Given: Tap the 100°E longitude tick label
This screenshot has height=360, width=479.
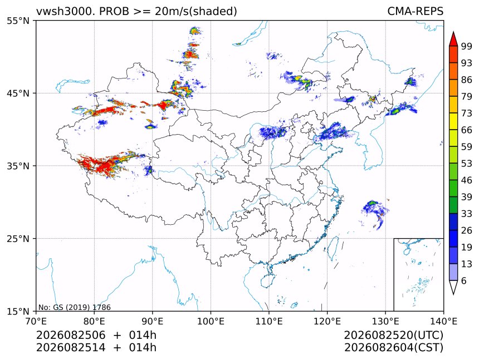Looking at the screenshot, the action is (x=211, y=321).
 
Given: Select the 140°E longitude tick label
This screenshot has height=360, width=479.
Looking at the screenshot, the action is (x=443, y=321).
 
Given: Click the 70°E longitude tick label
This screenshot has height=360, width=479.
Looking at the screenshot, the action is (x=36, y=321).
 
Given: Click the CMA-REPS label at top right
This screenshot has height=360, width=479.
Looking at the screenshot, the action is (x=415, y=11).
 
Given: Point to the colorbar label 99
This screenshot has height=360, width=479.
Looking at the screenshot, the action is (x=467, y=46).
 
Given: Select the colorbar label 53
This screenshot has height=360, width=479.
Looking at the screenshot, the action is (x=467, y=164).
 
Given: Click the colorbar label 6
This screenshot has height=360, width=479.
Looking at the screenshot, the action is (x=464, y=280).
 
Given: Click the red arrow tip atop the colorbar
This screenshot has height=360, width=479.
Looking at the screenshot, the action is (x=453, y=32).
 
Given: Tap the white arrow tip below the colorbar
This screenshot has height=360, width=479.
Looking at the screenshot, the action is (x=453, y=294).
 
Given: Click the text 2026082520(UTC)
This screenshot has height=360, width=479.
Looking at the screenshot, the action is (x=393, y=336).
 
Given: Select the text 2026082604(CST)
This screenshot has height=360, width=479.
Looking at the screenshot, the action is (x=393, y=348).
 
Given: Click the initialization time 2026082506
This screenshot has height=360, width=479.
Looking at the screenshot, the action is (x=71, y=335).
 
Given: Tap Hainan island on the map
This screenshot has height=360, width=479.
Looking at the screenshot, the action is (x=268, y=280).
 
